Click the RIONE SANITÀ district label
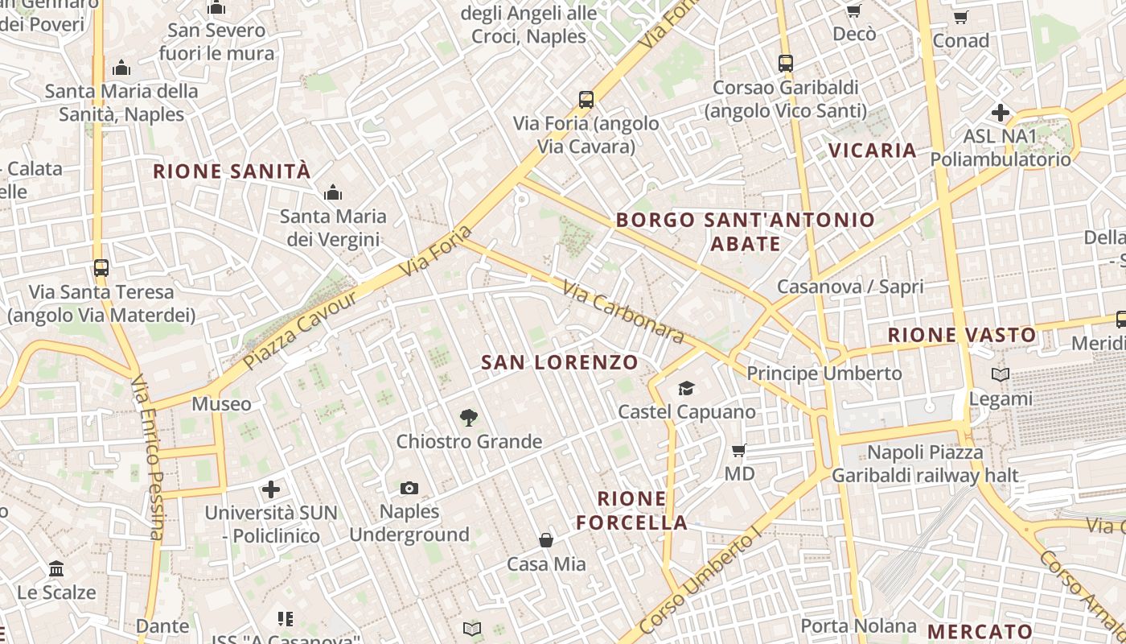[232, 171]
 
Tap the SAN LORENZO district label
[560, 362]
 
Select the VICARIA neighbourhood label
[873, 151]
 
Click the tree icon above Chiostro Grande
[469, 417]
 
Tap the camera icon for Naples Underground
[409, 488]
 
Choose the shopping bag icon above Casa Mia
[546, 539]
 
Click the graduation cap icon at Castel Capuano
[686, 388]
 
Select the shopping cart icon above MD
[738, 449]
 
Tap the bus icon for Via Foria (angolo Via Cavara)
[586, 100]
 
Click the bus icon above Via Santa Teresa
[101, 267]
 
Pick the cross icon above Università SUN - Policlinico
[271, 489]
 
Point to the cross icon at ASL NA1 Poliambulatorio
[1001, 113]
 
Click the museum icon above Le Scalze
[56, 568]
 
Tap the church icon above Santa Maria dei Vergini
[333, 192]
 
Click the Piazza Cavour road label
[300, 330]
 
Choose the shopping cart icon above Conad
[960, 17]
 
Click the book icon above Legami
[1001, 374]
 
